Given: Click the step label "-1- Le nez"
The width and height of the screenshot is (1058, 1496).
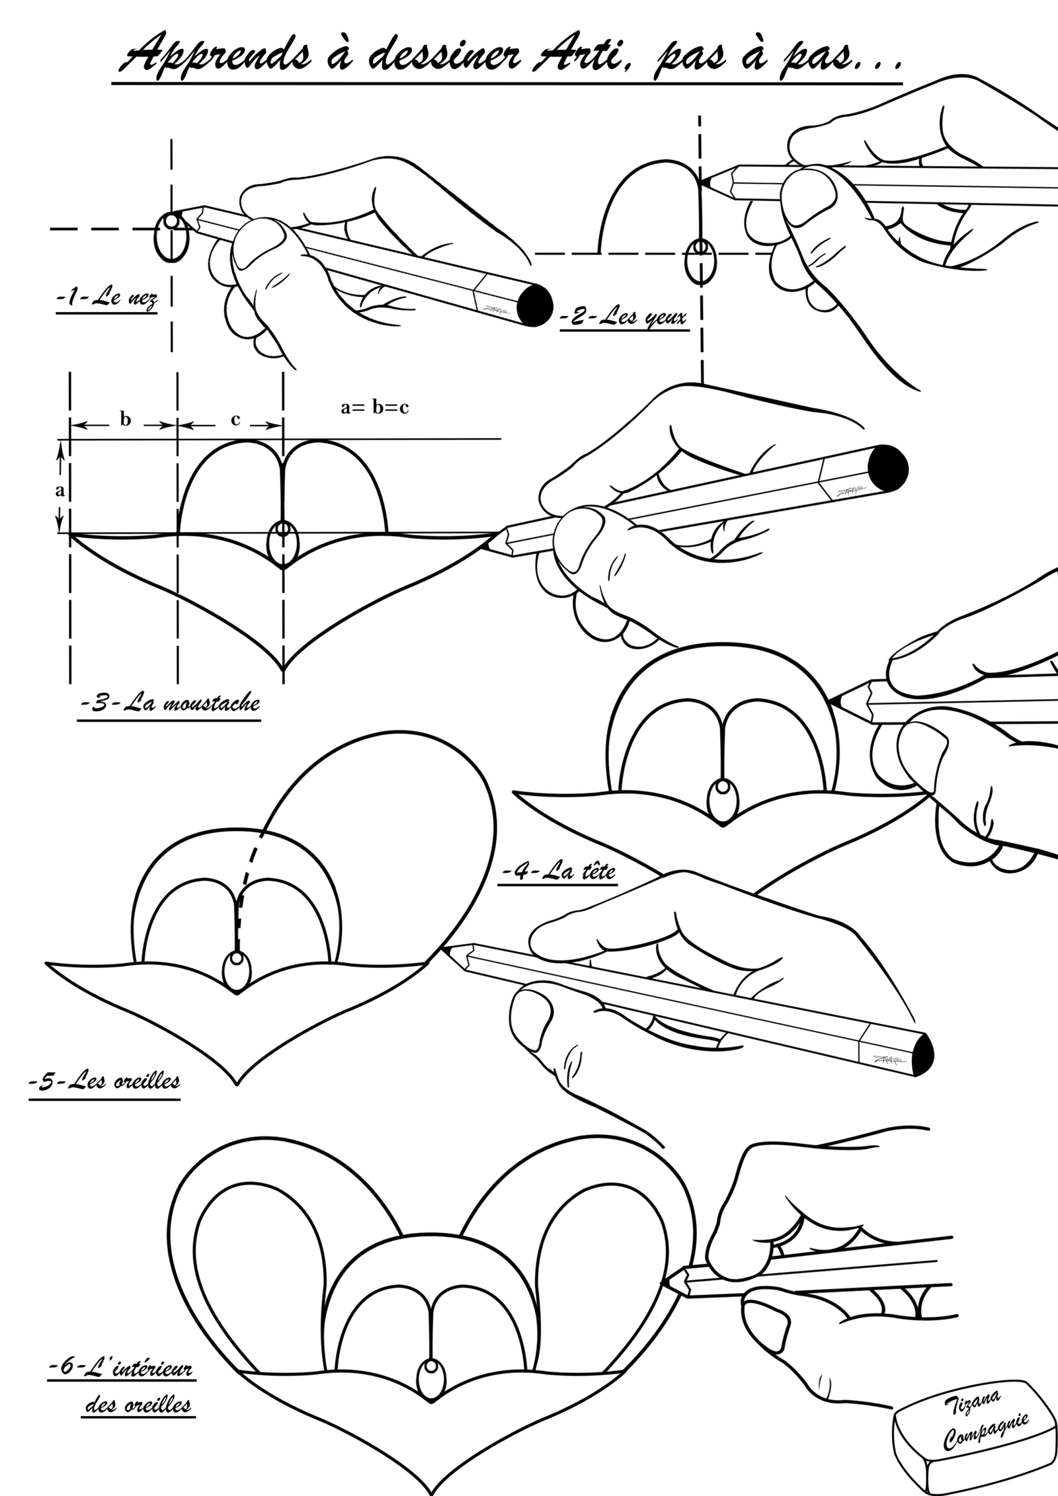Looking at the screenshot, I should pyautogui.click(x=107, y=299).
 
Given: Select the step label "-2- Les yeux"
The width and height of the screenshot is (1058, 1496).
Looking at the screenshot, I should pyautogui.click(x=624, y=317).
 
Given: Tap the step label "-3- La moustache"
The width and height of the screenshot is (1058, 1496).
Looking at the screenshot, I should pyautogui.click(x=169, y=703).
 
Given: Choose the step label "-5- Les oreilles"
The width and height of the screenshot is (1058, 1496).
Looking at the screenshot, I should pyautogui.click(x=105, y=1082).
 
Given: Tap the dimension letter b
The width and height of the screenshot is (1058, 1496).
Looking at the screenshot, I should pyautogui.click(x=125, y=419).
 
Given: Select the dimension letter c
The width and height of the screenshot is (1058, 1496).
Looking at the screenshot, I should pyautogui.click(x=235, y=419).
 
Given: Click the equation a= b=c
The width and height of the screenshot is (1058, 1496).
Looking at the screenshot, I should pyautogui.click(x=374, y=407).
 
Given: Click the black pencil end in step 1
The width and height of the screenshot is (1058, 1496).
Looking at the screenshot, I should pyautogui.click(x=534, y=305).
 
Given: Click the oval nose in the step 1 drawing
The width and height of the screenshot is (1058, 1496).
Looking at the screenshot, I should pyautogui.click(x=172, y=237).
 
